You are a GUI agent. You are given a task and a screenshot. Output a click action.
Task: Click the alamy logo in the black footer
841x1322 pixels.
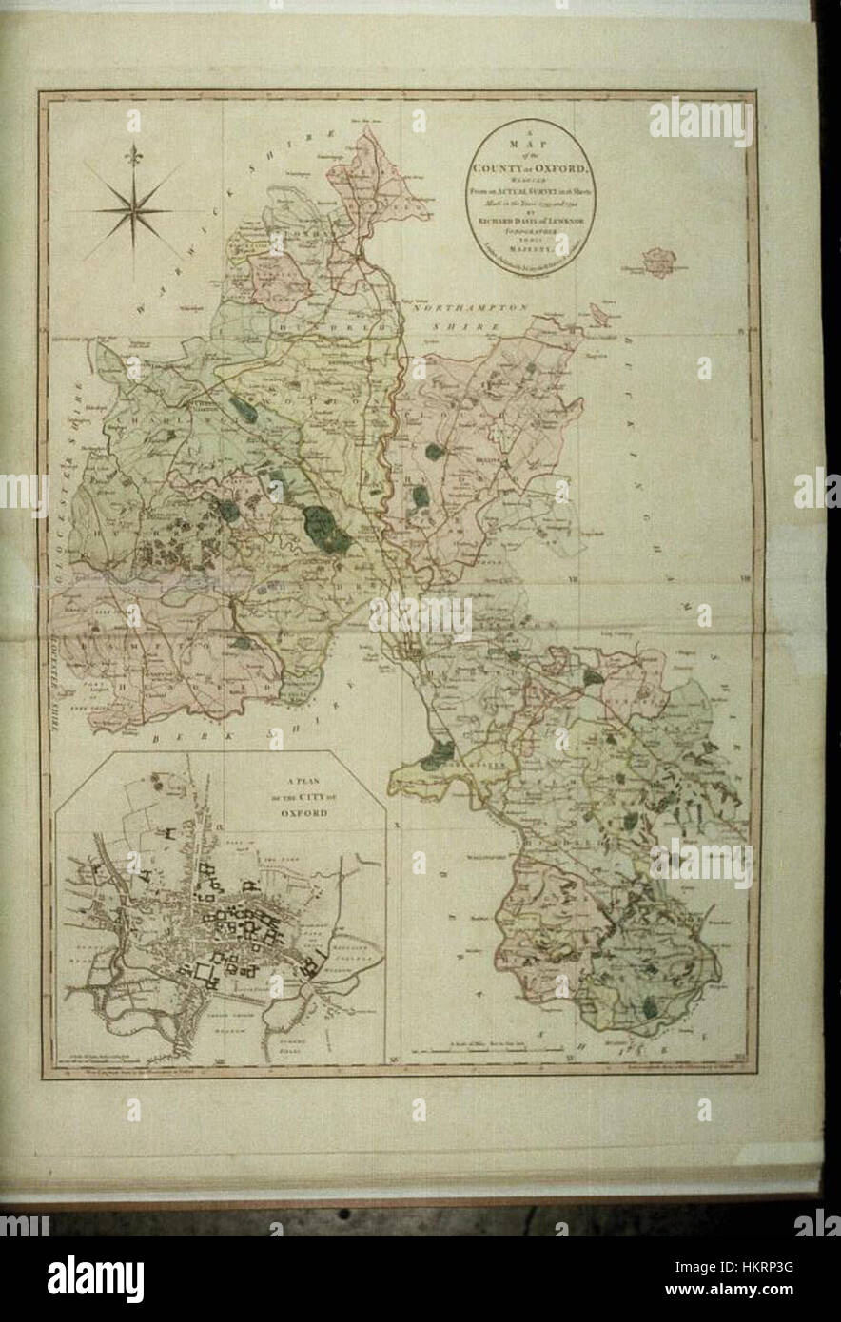(x=96, y=1273)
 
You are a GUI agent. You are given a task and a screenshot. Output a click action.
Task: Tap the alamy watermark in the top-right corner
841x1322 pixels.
(x=701, y=121)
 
